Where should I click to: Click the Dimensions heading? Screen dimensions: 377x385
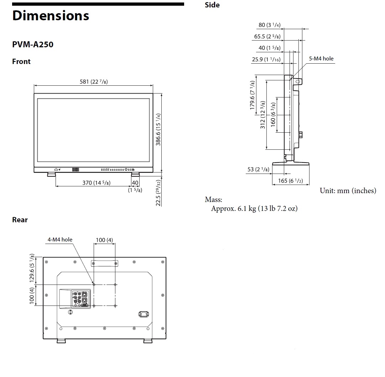(51, 16)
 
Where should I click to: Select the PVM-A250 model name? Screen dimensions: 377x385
(33, 45)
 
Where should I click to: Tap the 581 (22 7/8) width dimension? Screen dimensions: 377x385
(94, 82)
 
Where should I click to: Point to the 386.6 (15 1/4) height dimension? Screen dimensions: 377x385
(158, 129)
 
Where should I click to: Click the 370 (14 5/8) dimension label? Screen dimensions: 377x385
(96, 183)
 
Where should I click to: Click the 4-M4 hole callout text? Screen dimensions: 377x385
(60, 240)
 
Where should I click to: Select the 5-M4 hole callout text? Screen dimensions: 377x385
(321, 59)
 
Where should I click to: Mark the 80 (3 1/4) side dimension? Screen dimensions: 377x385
(269, 25)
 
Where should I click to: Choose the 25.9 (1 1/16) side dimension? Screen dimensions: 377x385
(266, 59)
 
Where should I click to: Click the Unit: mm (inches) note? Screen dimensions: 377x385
(348, 191)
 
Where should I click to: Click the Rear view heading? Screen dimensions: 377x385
(20, 220)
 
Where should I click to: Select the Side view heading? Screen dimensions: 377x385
(212, 5)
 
